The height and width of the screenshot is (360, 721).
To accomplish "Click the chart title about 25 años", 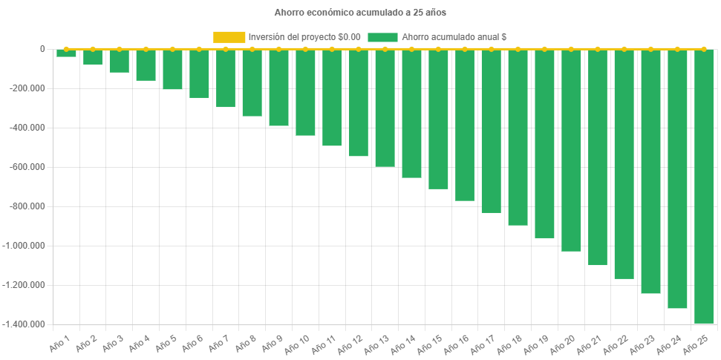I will coord(360,13).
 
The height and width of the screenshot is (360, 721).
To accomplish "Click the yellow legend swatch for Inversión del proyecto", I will coord(229,36).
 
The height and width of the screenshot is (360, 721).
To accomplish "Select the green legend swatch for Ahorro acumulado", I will coord(382,36).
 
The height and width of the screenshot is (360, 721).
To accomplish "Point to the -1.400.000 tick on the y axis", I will coord(25,324).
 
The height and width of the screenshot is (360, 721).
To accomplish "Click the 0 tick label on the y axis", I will coord(42,49).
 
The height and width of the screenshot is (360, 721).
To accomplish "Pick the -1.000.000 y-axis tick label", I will coord(25,246).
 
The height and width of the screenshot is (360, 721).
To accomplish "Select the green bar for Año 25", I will coord(704,186).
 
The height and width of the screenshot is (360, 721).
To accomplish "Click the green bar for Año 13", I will coord(385,108).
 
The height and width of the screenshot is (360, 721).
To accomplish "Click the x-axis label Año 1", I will coord(60,342).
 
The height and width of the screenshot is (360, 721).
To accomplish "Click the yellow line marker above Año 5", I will coord(172,49).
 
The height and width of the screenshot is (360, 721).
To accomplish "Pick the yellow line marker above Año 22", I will coord(624,49).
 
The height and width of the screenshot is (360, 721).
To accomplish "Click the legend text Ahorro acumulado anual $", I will coord(454,36).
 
